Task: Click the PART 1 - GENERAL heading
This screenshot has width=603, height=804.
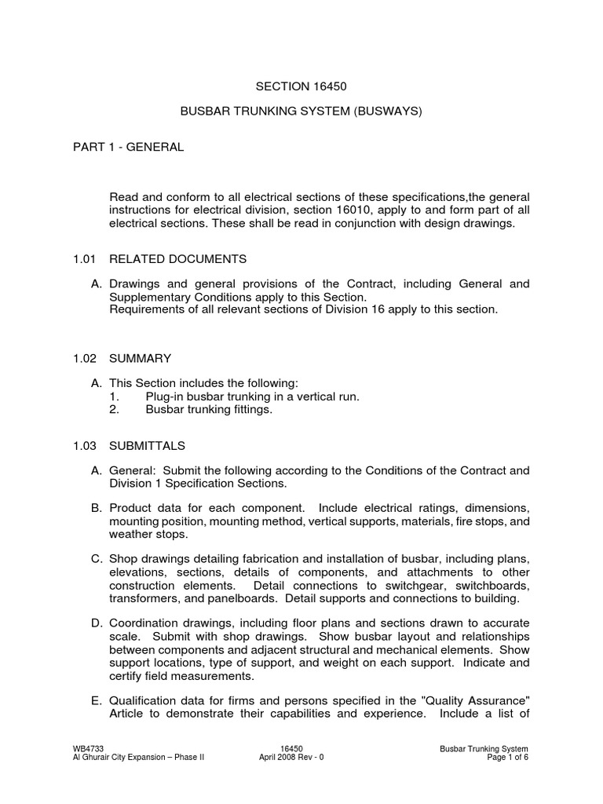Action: coord(129,147)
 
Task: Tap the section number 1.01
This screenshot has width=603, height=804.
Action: coord(84,258)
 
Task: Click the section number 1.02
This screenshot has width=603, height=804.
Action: coord(84,358)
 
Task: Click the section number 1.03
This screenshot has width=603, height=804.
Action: coord(84,445)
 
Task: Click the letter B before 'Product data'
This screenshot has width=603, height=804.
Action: coord(97,508)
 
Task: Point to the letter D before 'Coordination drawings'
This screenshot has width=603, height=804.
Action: coord(97,623)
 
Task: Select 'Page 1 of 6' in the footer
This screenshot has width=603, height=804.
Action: coord(507,759)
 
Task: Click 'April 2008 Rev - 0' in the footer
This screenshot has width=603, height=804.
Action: coord(291,759)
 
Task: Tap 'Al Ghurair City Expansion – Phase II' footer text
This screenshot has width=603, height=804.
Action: coord(138,759)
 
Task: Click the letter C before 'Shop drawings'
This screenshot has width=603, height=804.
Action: coord(97,558)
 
